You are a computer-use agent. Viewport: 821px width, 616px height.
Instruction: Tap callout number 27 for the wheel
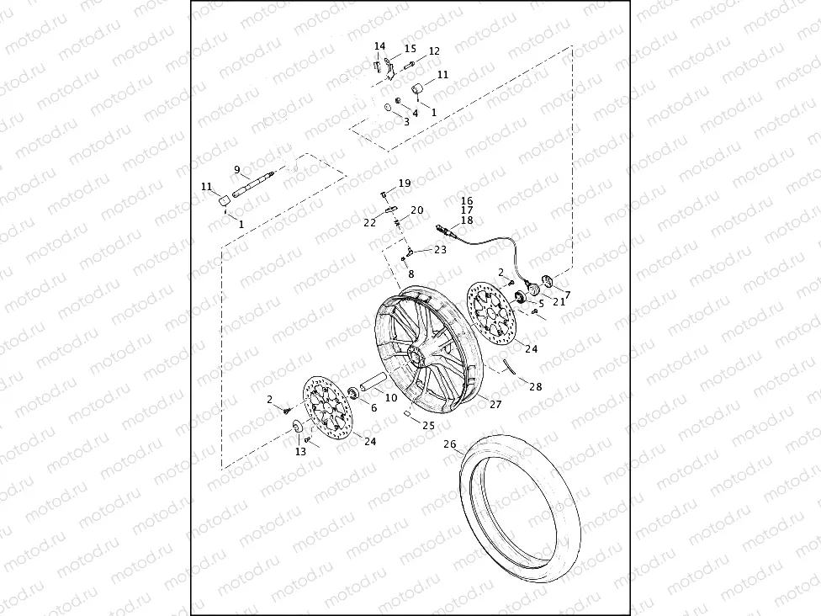click(495, 405)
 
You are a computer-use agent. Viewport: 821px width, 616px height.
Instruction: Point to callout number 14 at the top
click(379, 46)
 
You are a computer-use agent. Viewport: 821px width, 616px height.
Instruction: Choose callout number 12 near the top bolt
click(434, 51)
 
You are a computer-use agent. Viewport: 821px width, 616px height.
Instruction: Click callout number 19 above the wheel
click(405, 183)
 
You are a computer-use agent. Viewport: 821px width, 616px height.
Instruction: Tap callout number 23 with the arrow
click(440, 250)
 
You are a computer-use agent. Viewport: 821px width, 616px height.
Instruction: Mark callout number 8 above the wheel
click(410, 274)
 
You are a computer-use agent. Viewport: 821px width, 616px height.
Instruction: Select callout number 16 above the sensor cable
click(467, 201)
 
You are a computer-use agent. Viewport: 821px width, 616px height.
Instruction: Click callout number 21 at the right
click(559, 303)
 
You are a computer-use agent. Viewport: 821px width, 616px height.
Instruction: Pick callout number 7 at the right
click(567, 295)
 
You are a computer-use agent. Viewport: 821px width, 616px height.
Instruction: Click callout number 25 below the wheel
click(428, 426)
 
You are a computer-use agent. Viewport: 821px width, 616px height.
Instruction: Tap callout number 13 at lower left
click(301, 452)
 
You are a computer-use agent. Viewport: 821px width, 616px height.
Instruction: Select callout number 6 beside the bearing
click(373, 408)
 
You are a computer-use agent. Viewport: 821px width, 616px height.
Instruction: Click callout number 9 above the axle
click(236, 169)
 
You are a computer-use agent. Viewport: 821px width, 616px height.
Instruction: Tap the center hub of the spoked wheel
click(416, 354)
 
